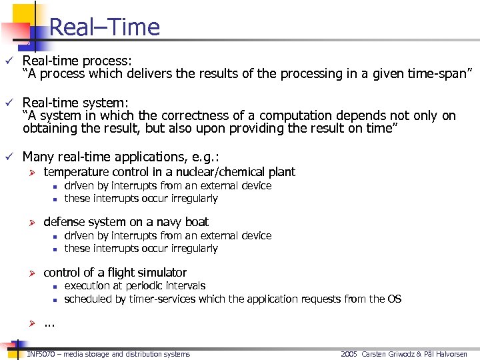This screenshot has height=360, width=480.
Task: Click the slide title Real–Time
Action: click(105, 27)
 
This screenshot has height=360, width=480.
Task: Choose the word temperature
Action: click(77, 172)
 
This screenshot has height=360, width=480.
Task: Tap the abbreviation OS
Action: click(394, 299)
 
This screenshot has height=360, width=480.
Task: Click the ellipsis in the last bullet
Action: click(49, 325)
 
